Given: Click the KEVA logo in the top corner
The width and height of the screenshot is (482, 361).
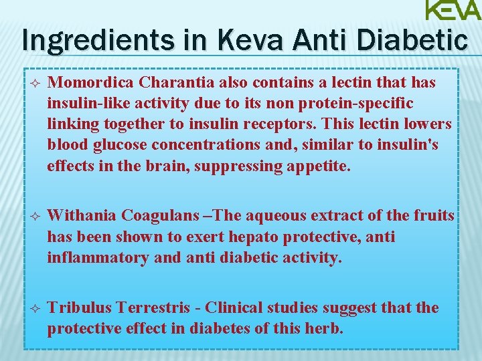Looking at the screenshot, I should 453,11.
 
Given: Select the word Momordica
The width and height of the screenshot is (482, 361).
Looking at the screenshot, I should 91,82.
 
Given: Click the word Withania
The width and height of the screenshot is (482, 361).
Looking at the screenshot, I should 83,216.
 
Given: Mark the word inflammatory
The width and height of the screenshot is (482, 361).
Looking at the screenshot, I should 98,257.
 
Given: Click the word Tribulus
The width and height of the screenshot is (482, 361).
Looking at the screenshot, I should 80,308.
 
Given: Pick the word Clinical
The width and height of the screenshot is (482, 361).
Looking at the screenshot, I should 234,308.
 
